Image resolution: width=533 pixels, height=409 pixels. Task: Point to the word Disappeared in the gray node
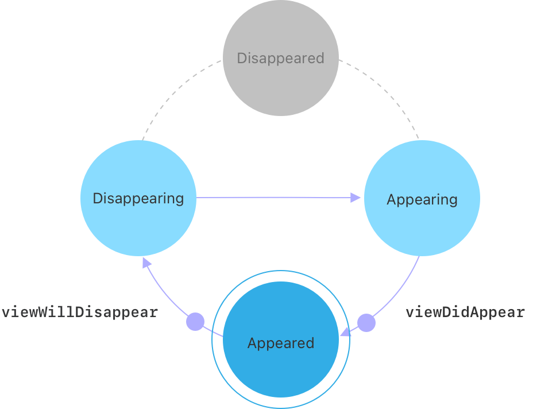pos(280,58)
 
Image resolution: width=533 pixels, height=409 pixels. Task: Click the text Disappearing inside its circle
pos(138,198)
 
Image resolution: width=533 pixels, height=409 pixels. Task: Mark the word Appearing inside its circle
pos(422,199)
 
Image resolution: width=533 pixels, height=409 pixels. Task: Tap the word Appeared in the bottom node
pos(280,343)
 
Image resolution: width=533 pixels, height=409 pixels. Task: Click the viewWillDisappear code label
pos(79,312)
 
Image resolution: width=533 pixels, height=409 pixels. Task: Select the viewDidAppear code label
pos(465,312)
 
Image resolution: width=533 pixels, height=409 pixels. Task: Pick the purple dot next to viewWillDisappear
pos(195,322)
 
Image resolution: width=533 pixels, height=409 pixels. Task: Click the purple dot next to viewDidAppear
pos(366,323)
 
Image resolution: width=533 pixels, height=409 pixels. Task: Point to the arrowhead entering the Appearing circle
pos(356,198)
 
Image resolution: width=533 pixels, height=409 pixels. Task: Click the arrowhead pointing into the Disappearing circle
pos(146,263)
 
